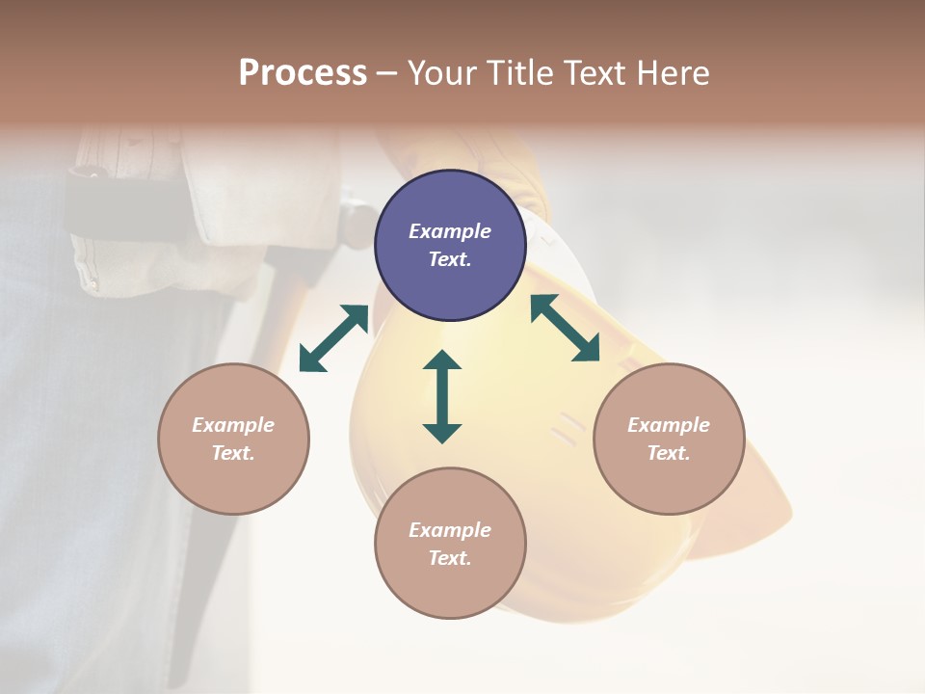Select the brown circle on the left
[233, 439]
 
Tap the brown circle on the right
[669, 439]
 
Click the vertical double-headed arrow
[442, 396]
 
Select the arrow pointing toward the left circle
[333, 338]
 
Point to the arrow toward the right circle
[565, 328]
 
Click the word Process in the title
[303, 72]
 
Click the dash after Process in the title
[386, 73]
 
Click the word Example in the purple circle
[450, 231]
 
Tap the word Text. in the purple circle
[450, 259]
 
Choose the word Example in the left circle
[233, 425]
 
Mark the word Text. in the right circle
[669, 453]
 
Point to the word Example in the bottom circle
[450, 530]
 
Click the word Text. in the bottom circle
[450, 558]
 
